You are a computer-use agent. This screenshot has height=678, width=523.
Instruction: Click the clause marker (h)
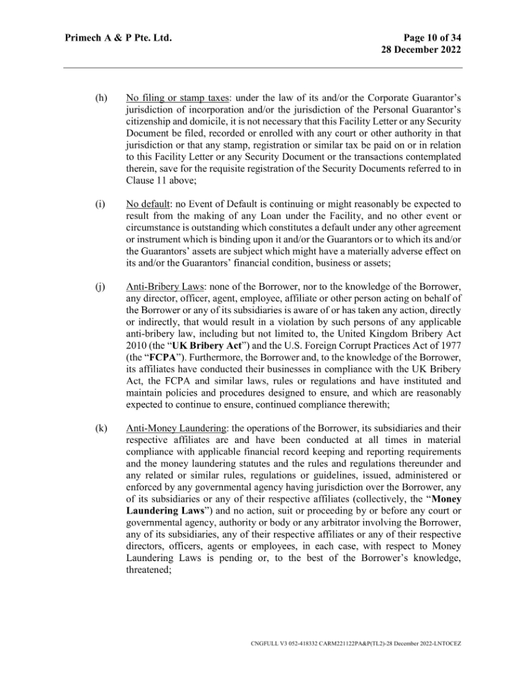point(100,98)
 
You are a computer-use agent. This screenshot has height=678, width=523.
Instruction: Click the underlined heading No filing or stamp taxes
point(170,98)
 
